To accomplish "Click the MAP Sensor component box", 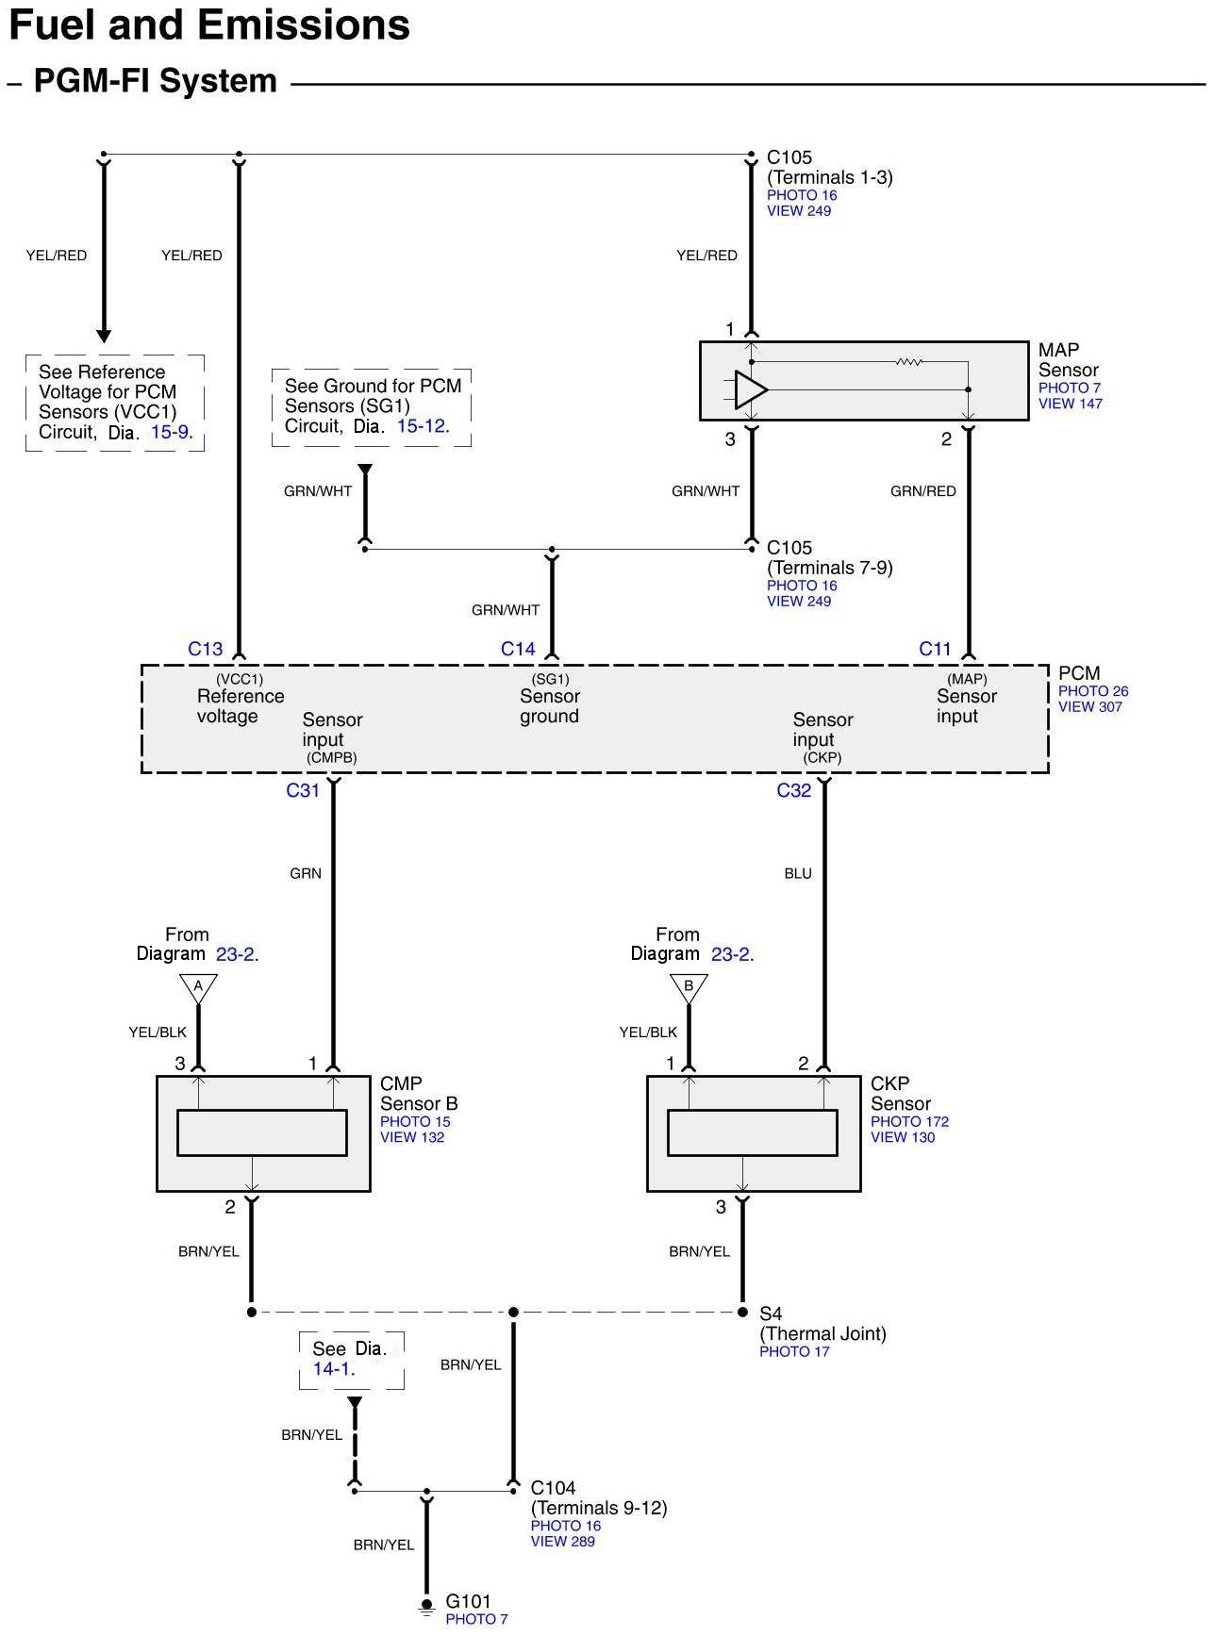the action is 864,381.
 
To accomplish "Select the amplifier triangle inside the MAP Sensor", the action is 751,389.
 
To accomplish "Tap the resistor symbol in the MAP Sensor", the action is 909,361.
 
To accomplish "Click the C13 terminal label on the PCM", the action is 206,649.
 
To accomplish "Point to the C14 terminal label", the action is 518,649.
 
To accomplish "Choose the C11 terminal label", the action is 936,649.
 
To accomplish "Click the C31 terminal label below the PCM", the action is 303,790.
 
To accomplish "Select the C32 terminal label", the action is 794,790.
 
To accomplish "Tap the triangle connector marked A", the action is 198,988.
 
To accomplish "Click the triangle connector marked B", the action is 689,988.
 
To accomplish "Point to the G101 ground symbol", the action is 426,1606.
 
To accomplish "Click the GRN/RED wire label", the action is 923,491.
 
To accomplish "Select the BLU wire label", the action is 798,874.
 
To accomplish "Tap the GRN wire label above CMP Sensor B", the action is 306,874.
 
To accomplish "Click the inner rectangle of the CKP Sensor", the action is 753,1132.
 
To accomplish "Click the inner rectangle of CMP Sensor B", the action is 262,1132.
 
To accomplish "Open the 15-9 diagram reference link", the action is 170,433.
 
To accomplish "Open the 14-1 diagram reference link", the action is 333,1369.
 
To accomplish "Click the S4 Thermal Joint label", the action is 823,1324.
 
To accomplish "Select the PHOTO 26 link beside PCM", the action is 1093,691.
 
